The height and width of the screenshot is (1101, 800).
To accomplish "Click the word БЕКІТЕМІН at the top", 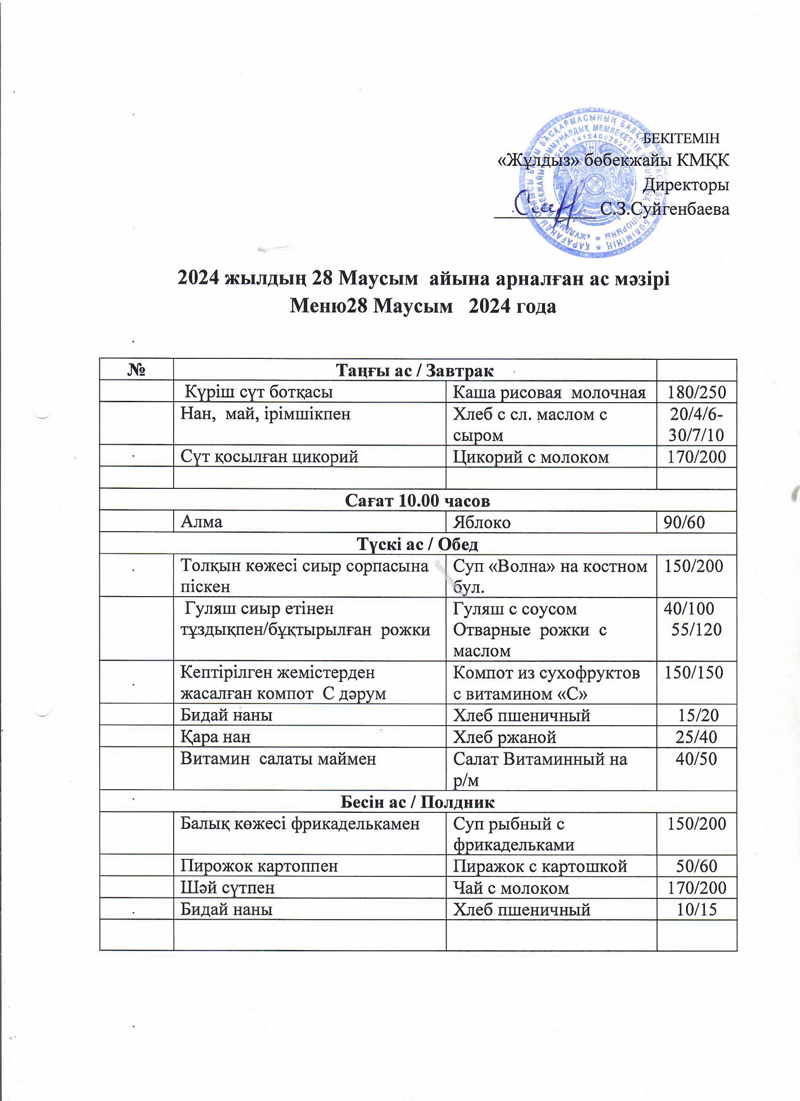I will [x=680, y=138].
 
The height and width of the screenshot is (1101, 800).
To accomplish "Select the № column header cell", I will [x=136, y=371].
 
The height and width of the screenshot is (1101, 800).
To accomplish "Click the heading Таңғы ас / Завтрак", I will [x=415, y=371].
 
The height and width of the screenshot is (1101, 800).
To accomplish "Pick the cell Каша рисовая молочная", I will [x=549, y=392].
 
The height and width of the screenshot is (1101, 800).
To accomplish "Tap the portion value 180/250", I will [x=696, y=392].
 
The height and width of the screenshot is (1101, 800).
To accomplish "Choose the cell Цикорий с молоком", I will [x=531, y=457].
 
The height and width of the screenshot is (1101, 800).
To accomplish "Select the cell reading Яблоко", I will [x=481, y=522].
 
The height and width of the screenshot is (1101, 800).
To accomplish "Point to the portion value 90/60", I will [x=684, y=522].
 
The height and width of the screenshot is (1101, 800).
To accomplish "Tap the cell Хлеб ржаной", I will [x=504, y=737].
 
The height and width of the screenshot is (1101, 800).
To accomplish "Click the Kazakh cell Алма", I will [x=201, y=522].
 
